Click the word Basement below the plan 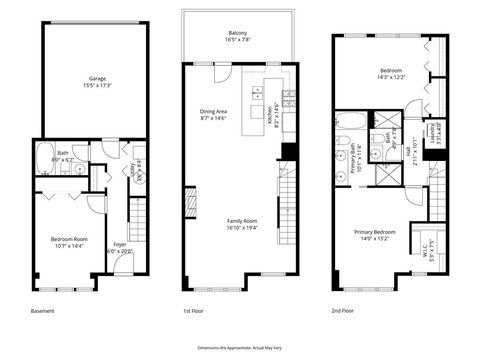tap(42, 311)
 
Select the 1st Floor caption tap(195, 311)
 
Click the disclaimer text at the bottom tap(240, 346)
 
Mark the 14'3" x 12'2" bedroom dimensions tap(383, 77)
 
